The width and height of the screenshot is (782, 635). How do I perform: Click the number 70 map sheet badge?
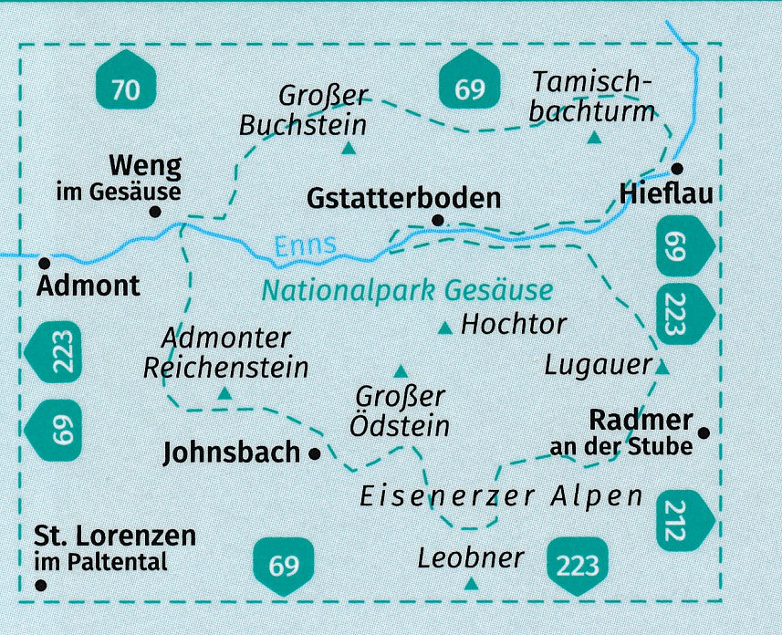[x=126, y=89]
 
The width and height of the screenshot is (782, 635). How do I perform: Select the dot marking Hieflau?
[x=677, y=169]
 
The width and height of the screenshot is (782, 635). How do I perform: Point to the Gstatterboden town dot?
[x=438, y=221]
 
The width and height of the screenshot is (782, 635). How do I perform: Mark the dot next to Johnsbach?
[x=315, y=452]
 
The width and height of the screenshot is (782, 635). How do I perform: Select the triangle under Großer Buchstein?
[x=348, y=148]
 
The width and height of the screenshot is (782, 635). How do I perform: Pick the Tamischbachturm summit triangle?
[x=595, y=138]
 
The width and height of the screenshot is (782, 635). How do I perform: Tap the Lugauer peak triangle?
[x=663, y=368]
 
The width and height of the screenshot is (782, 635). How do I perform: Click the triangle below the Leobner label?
[x=471, y=583]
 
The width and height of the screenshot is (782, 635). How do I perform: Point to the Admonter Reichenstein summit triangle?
[x=224, y=394]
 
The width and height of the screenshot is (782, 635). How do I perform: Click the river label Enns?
[x=305, y=244]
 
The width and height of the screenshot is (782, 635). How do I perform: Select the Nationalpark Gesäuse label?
[x=407, y=291]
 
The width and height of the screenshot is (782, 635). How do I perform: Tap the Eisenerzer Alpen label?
[x=501, y=497]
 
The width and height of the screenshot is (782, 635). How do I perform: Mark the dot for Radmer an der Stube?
[x=704, y=432]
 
